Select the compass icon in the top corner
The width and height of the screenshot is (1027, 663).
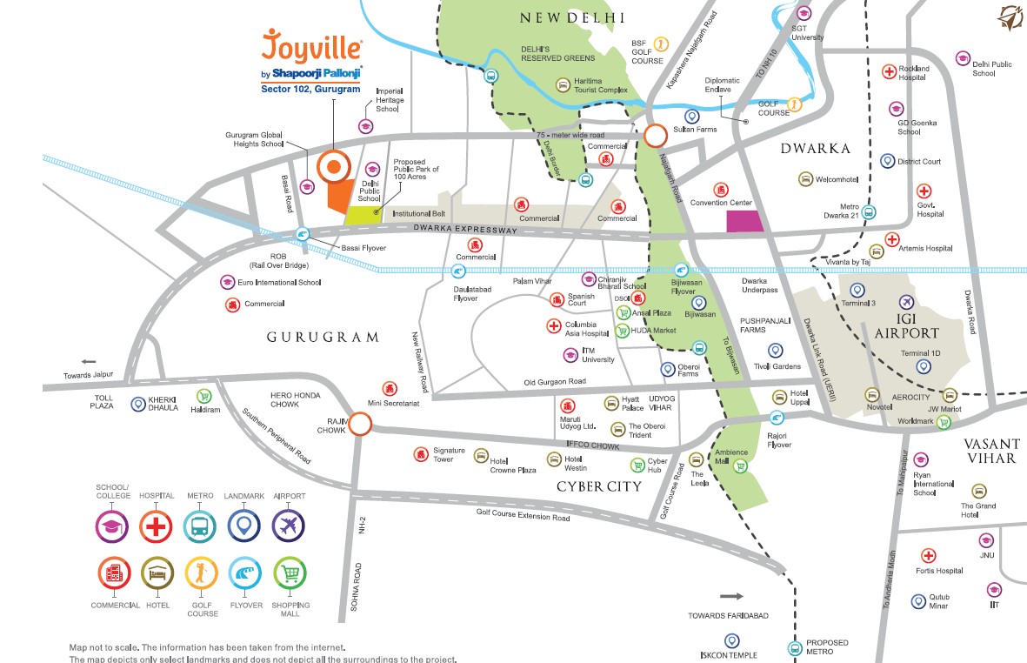point(1010,17)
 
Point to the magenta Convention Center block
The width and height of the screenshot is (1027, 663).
point(744,221)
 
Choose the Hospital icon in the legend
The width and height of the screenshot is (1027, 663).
point(157,526)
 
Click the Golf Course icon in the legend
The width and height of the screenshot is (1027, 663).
point(201,575)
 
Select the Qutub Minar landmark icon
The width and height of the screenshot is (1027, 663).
point(918,601)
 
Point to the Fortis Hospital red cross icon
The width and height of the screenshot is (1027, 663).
point(928,556)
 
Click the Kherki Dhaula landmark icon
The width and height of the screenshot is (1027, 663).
point(137,404)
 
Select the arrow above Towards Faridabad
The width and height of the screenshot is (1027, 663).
point(732,597)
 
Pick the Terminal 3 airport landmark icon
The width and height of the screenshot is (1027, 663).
point(857,290)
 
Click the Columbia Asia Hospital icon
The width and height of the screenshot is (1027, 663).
point(553,326)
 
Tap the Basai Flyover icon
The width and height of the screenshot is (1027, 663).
point(303,233)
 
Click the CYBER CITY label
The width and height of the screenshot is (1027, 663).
point(598,486)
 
